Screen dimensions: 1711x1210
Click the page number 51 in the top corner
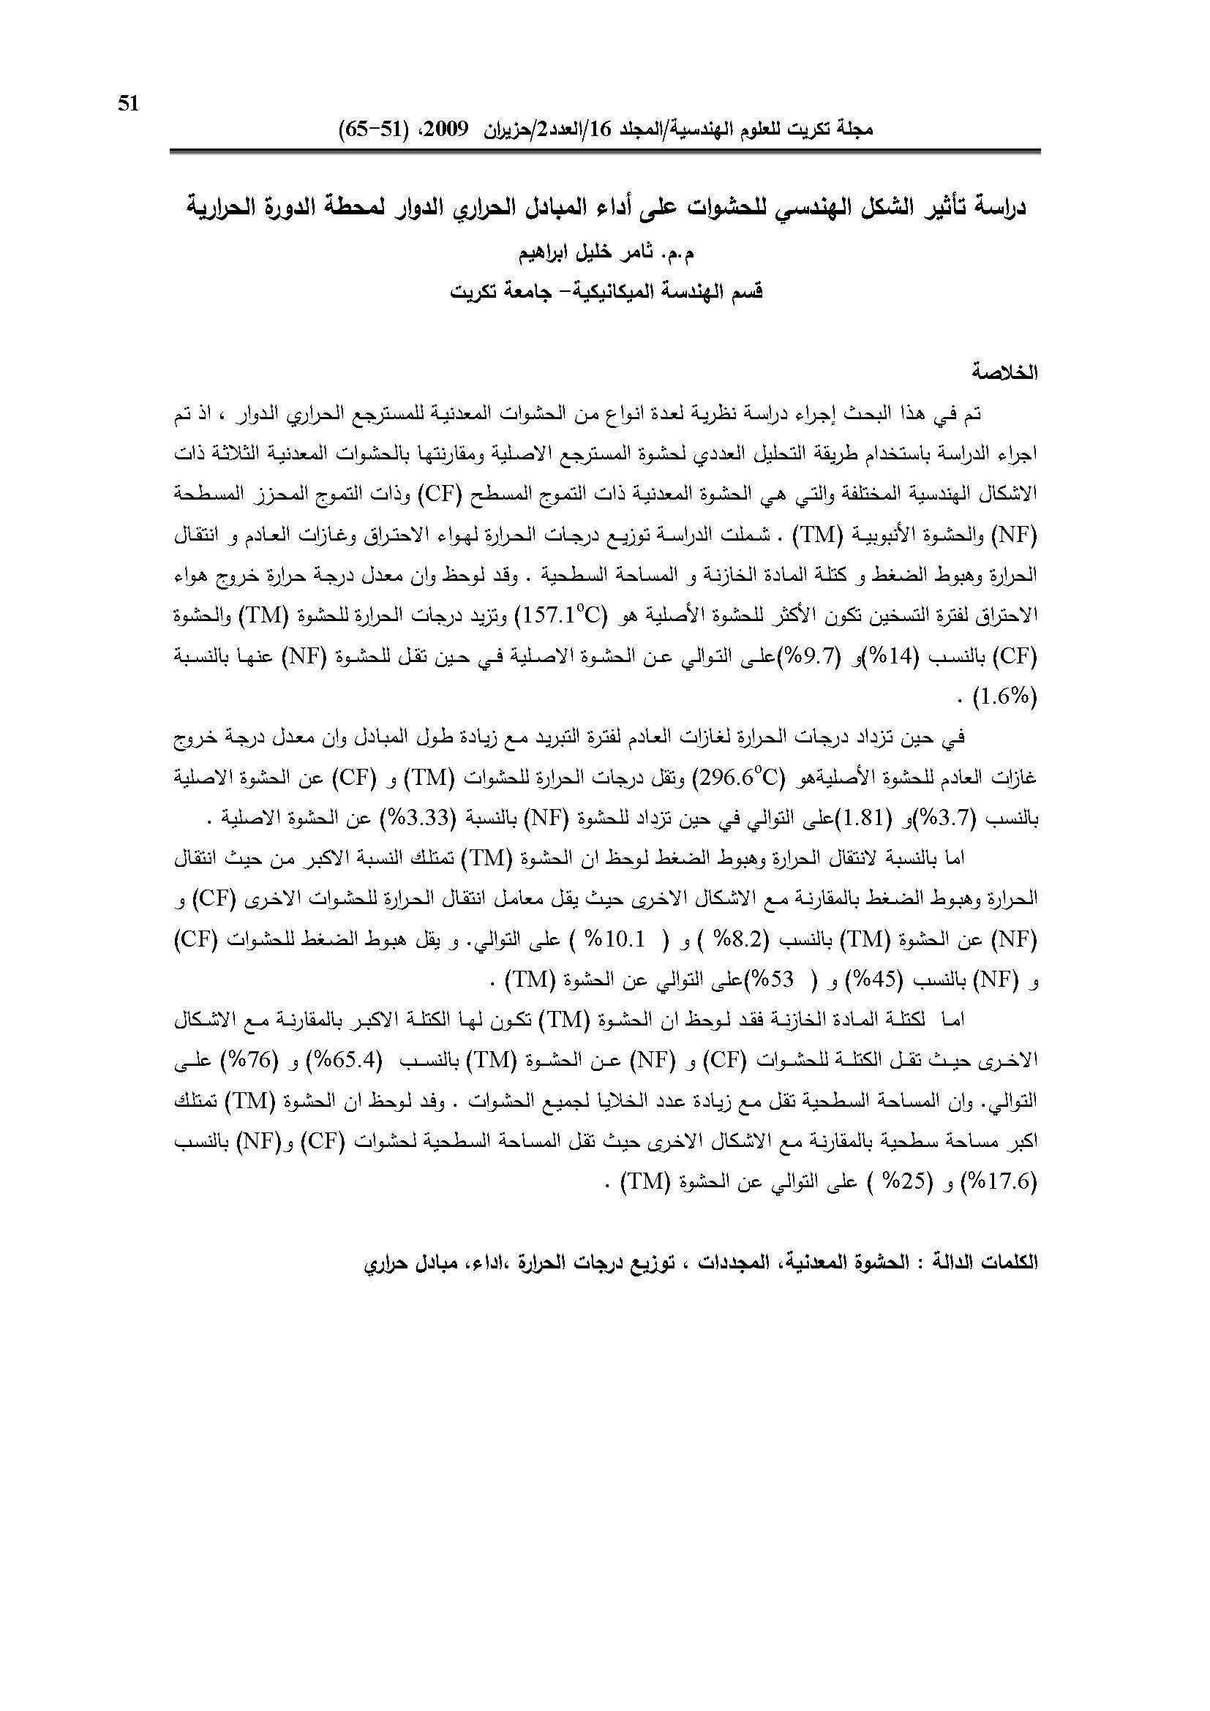click(x=128, y=105)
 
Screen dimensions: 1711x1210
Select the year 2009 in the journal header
click(x=446, y=128)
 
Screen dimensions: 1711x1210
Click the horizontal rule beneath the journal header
click(x=604, y=151)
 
